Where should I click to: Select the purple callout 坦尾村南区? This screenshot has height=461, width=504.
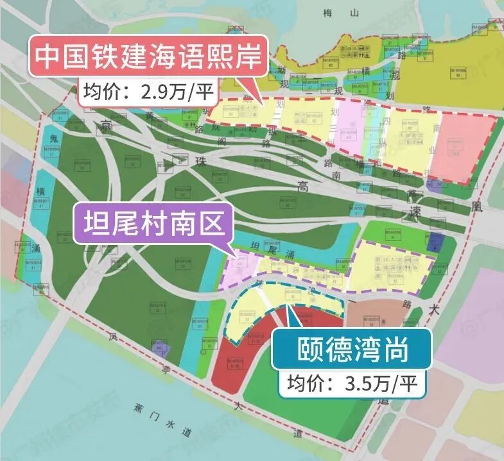151,223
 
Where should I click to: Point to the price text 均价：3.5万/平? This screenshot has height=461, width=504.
352,383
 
